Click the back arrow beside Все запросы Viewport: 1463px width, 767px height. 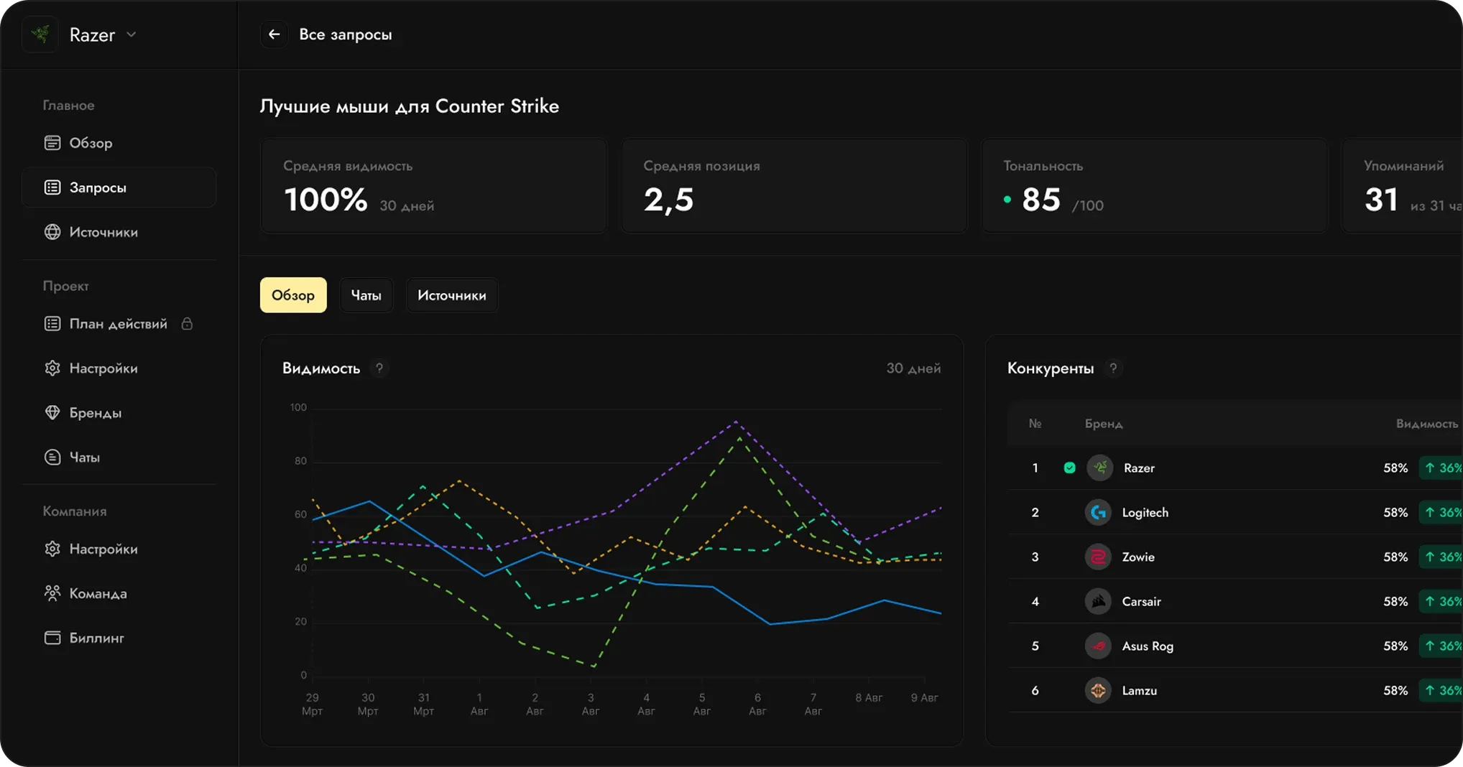pos(274,34)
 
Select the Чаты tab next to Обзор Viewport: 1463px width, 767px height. pos(366,295)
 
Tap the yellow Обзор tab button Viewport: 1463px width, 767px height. pos(293,295)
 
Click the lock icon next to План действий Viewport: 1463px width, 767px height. pos(187,324)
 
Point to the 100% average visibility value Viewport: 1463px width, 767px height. pos(326,199)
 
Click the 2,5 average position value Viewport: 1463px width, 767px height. pos(668,200)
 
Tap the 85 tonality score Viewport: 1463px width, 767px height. pos(1041,200)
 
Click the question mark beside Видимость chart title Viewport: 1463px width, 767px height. pos(379,368)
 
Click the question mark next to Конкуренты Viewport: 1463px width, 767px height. pos(1113,368)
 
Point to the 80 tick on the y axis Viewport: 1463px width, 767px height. pos(300,461)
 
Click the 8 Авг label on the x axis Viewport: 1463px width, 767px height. pos(869,697)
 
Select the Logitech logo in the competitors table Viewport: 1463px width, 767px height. pos(1098,513)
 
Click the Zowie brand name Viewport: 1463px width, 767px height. pos(1138,557)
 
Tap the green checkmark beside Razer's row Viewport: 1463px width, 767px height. pos(1070,468)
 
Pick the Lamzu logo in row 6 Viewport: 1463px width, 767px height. pos(1098,691)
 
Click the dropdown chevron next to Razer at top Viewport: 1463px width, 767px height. pos(131,34)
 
